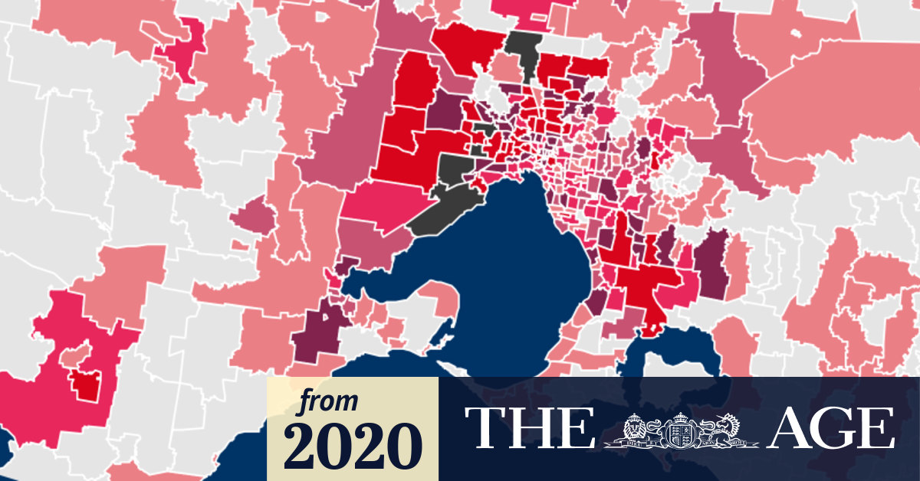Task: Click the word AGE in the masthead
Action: click(x=831, y=428)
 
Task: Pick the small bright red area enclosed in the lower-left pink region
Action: click(x=86, y=383)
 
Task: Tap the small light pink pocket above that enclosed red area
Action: click(x=74, y=356)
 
